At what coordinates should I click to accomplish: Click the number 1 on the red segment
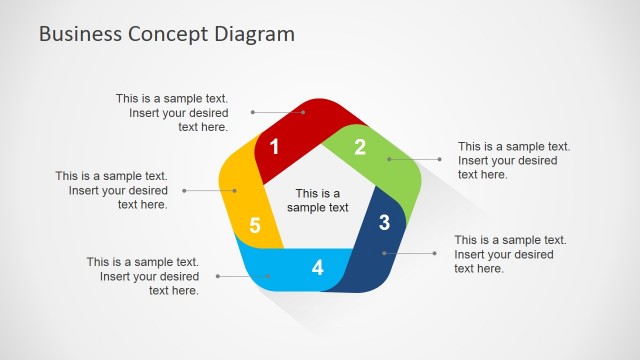coord(275,147)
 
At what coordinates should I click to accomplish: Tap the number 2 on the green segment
coord(360,146)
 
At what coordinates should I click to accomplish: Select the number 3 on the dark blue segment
coord(384,223)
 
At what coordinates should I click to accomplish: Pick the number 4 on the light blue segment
coord(318,268)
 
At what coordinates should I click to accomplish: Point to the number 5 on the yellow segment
coord(255,226)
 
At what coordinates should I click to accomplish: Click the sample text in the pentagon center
coord(318,201)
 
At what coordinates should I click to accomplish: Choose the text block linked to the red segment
coord(172,113)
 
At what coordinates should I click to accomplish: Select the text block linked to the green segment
coord(514,160)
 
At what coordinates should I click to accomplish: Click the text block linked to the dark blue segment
coord(510,254)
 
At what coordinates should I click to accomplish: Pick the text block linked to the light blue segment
coord(142,276)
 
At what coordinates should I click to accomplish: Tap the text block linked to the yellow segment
coord(112,190)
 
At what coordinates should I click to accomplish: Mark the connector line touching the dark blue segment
coord(410,253)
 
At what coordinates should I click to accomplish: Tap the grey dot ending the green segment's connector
coord(438,159)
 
